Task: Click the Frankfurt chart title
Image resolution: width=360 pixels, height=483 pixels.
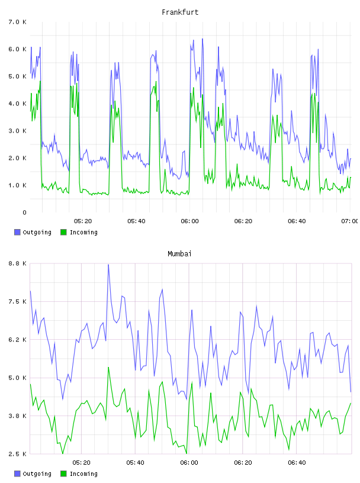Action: tap(180, 12)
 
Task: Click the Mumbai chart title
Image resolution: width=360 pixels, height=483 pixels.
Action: tap(179, 254)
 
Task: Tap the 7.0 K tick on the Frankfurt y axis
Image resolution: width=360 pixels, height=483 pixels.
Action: tap(18, 22)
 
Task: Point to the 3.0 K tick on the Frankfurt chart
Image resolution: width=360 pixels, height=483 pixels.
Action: tap(18, 131)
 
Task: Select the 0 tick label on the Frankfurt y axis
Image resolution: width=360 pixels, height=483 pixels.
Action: tap(24, 212)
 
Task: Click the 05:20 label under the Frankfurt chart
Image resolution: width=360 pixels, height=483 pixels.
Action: tap(83, 221)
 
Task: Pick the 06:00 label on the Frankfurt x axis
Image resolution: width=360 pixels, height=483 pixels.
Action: tap(190, 221)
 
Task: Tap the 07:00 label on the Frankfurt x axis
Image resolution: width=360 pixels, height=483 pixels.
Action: tap(350, 221)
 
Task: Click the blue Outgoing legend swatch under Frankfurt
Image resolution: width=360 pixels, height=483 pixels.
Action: tap(17, 232)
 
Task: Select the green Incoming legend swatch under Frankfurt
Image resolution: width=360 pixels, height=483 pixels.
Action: tap(63, 232)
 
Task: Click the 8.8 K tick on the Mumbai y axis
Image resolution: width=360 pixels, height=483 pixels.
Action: tap(18, 263)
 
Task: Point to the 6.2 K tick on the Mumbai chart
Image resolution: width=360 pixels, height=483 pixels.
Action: tap(18, 340)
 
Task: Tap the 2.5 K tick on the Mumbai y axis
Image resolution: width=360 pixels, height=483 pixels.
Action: tap(18, 454)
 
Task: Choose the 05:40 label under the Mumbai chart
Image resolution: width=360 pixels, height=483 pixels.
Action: tap(136, 463)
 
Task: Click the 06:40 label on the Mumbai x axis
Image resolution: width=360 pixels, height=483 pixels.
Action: tap(297, 463)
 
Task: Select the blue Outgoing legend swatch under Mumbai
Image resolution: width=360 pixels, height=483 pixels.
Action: tap(17, 474)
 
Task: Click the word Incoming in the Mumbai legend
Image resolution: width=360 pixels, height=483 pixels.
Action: tap(83, 474)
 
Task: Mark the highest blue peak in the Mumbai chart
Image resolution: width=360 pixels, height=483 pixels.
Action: tap(108, 265)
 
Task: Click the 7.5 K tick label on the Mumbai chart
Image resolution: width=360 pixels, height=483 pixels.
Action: tap(18, 301)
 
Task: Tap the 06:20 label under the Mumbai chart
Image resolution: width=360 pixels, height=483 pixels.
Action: tap(243, 463)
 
